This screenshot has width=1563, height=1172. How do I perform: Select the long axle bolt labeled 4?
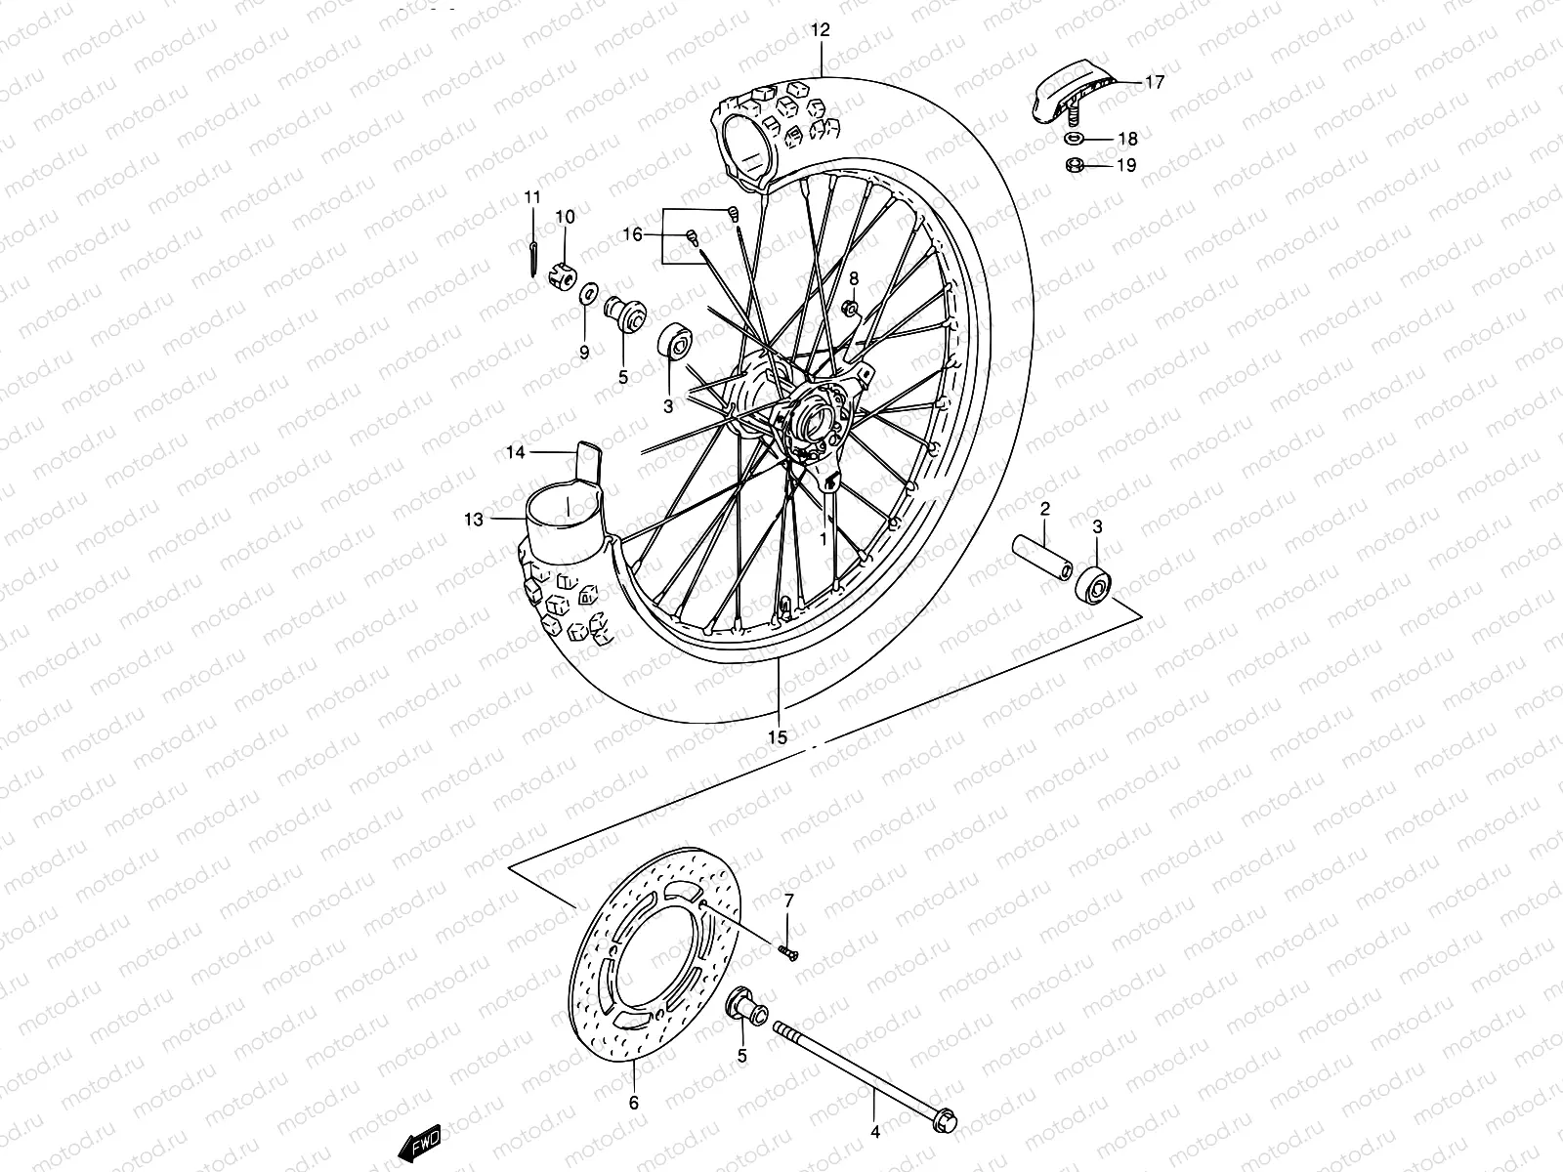860,1085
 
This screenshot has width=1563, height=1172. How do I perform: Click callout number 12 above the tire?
820,30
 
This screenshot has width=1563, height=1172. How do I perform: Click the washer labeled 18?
1073,139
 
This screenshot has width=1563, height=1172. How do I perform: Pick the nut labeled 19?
1073,165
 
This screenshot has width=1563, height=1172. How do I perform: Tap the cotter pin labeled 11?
529,258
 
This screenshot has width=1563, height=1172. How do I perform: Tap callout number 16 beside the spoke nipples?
660,234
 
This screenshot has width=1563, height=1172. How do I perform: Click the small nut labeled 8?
851,310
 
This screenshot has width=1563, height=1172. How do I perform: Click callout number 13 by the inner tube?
474,520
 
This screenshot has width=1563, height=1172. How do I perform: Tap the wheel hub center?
816,420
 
